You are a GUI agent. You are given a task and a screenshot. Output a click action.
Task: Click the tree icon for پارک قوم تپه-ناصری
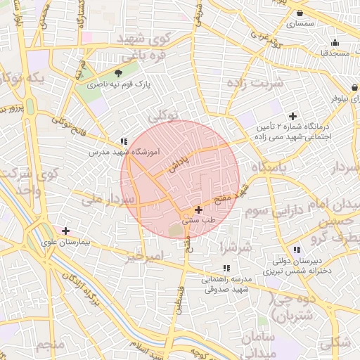click(117, 72)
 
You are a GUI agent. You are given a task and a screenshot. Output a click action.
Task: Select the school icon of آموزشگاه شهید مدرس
click(124, 141)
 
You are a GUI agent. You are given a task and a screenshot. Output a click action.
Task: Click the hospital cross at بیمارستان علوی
click(65, 231)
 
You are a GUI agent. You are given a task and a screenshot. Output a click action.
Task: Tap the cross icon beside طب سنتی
click(198, 209)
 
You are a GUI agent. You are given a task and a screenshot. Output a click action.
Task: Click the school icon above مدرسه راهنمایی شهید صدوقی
click(226, 268)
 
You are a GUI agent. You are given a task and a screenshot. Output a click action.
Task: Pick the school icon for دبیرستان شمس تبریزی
click(296, 250)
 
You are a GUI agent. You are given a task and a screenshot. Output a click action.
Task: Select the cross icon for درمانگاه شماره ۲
click(292, 116)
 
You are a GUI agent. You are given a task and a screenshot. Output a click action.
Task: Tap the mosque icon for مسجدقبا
click(335, 41)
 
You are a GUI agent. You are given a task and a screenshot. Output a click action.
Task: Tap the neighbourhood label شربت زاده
click(260, 84)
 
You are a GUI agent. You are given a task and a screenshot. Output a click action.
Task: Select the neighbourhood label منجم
click(49, 345)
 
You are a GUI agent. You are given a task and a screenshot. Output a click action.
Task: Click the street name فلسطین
click(181, 296)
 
